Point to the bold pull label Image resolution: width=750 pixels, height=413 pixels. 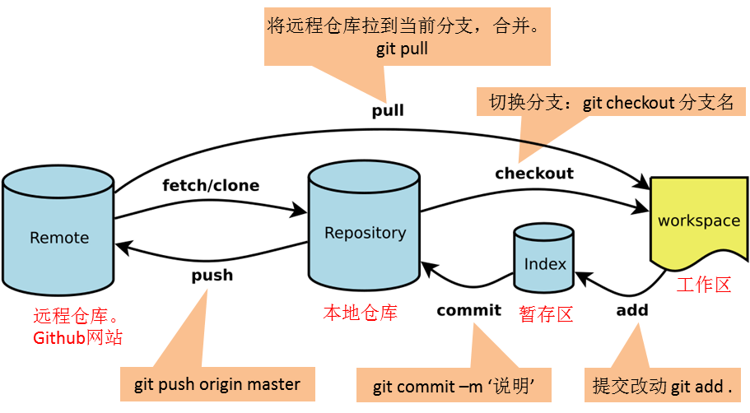click(x=388, y=109)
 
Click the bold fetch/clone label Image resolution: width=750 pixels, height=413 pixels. click(x=211, y=185)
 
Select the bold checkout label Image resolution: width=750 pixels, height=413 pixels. click(x=533, y=174)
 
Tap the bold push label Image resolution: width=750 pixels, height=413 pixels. click(x=212, y=274)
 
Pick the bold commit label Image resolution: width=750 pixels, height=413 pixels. click(x=468, y=310)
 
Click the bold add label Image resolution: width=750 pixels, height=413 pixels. click(x=632, y=310)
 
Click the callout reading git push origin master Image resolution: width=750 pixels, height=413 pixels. click(x=217, y=384)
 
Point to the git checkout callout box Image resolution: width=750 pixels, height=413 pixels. click(x=611, y=104)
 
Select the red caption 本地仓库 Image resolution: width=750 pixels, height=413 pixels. click(x=360, y=313)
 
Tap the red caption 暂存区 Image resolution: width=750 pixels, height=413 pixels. click(x=546, y=313)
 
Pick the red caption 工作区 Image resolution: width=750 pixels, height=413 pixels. click(x=704, y=285)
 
